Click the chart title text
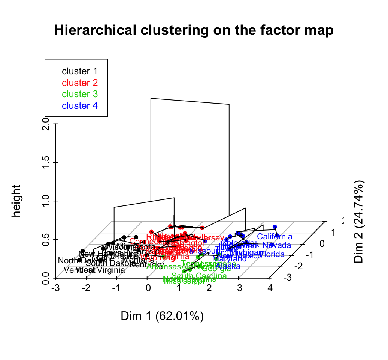(194, 30)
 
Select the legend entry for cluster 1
(79, 71)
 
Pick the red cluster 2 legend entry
(79, 82)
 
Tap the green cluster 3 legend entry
(79, 94)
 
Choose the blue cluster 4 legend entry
(79, 105)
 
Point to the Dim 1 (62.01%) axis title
(162, 316)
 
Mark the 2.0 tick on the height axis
(46, 124)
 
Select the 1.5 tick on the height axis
(46, 162)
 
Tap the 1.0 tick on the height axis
(46, 201)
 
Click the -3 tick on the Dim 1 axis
(55, 288)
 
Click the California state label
(275, 237)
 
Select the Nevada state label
(277, 245)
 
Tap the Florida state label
(272, 254)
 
